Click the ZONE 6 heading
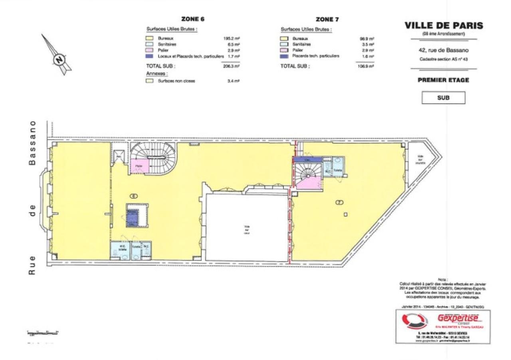point(193,19)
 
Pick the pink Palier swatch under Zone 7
point(284,50)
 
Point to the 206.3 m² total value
point(231,66)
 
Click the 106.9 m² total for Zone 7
point(366,66)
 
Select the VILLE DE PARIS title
point(444,26)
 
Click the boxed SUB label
point(443,98)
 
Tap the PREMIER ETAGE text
point(443,80)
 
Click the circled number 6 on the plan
point(134,196)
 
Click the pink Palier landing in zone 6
point(139,166)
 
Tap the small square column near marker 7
point(346,215)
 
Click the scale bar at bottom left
point(43,332)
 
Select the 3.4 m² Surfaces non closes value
point(234,81)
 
